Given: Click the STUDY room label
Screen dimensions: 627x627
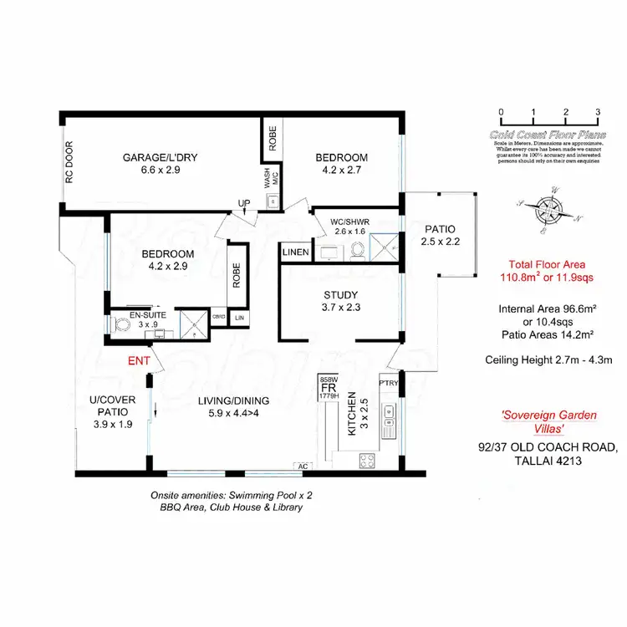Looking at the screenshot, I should [341, 295].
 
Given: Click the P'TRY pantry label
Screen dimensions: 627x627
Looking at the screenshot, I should [389, 383].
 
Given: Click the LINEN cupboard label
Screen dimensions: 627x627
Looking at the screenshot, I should [295, 252].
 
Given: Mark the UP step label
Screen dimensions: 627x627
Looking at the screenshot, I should [244, 203].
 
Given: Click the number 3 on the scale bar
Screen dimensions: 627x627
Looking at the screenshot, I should [598, 112].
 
